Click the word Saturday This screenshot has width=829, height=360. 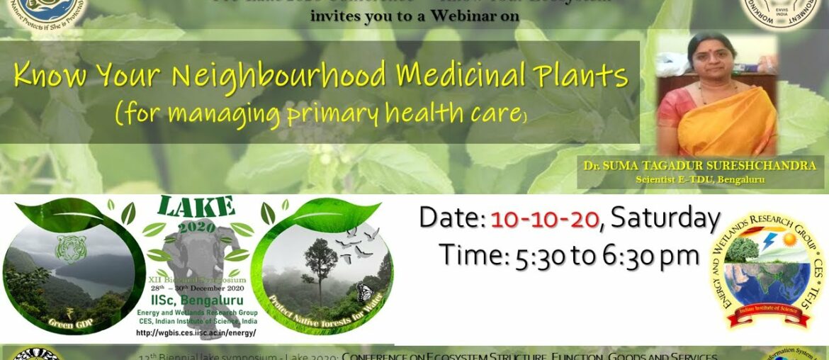(665, 219)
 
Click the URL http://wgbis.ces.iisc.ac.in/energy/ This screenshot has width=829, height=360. (195, 332)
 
